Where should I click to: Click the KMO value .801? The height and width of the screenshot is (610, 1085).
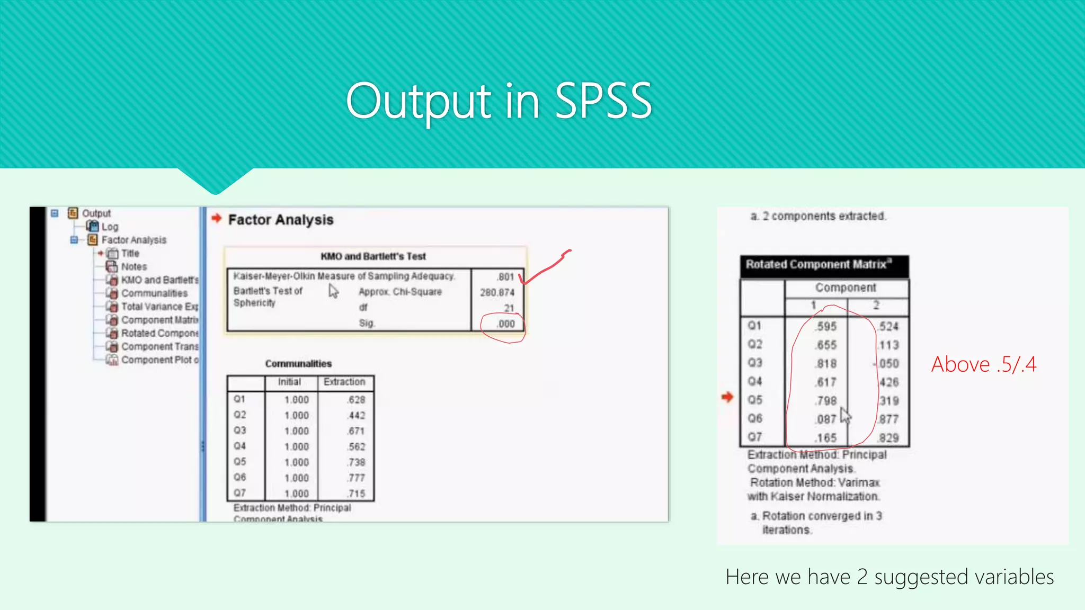point(505,277)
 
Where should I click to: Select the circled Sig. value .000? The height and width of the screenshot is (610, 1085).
point(505,324)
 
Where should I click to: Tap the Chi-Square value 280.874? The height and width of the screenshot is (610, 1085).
point(497,292)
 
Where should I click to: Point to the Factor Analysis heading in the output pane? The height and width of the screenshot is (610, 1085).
point(281,220)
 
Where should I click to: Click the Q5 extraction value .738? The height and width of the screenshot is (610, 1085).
point(356,462)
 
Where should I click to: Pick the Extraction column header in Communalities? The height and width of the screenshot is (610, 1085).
point(344,382)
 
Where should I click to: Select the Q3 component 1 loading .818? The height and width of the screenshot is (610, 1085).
point(826,364)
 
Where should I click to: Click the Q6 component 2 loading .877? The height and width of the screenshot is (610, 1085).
point(888,419)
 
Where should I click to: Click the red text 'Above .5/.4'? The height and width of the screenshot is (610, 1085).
point(983,364)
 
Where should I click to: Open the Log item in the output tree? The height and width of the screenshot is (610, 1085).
point(110,227)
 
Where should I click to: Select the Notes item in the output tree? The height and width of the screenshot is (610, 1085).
point(134,267)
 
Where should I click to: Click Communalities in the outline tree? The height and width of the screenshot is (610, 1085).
point(154,293)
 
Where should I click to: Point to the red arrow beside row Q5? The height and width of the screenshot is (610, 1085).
point(727,397)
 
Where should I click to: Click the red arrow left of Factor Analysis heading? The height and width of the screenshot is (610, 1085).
point(216,218)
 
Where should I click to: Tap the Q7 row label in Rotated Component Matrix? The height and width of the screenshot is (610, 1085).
point(755,437)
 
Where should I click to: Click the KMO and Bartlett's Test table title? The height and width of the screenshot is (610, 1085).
point(373,256)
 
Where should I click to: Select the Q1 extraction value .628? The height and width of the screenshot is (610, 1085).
point(356,400)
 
